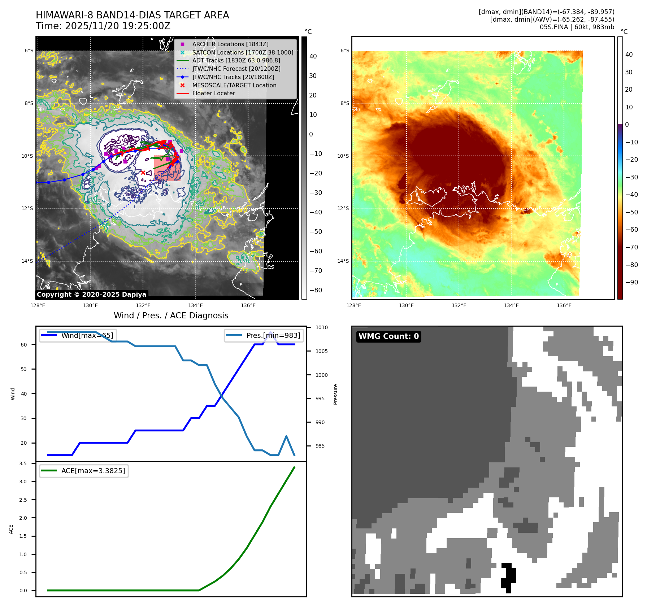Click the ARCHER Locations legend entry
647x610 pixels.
[230, 44]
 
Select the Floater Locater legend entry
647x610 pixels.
[213, 93]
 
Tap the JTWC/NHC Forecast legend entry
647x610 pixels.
[236, 69]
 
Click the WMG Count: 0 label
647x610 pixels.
[388, 336]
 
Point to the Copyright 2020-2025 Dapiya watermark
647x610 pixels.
[91, 295]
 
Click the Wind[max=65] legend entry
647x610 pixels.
[87, 335]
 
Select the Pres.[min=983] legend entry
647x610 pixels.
[273, 335]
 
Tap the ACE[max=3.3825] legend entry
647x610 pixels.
[93, 471]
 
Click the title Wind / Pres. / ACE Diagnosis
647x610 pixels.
[171, 315]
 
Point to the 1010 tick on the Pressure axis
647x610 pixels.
[321, 328]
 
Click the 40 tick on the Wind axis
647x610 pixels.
[24, 394]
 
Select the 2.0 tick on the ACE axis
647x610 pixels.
[23, 518]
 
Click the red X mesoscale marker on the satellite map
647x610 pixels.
[143, 173]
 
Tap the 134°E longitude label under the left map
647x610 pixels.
[196, 306]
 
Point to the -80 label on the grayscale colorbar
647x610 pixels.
[316, 290]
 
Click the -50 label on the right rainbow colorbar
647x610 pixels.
[631, 212]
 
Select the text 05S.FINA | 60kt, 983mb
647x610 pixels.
[577, 27]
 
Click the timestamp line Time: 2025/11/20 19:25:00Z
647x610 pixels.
[103, 26]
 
